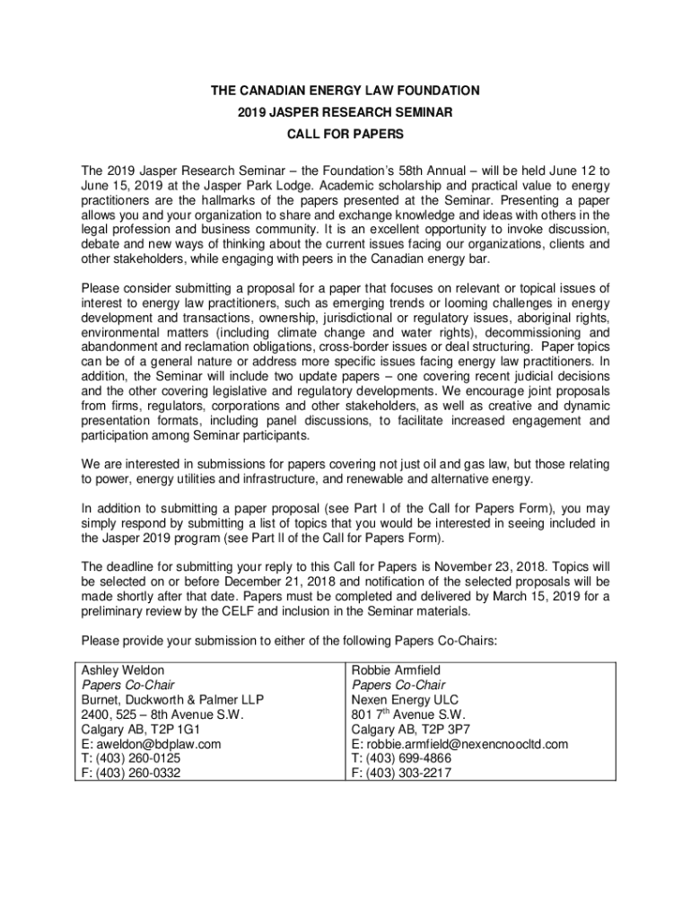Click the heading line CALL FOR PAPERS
(x=345, y=135)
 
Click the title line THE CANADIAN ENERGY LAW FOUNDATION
(x=345, y=91)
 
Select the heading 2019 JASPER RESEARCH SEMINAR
(x=345, y=113)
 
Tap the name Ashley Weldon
(x=123, y=670)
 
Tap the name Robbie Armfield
(x=396, y=670)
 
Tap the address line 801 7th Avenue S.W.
(x=404, y=714)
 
